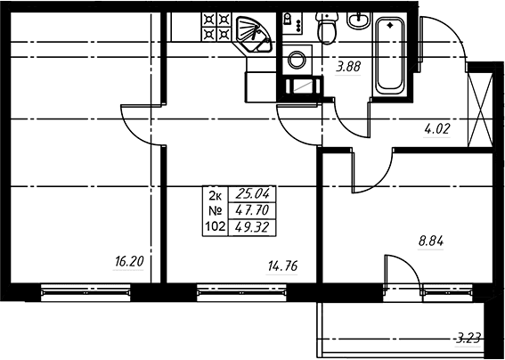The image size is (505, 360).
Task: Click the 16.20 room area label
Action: click(x=129, y=262)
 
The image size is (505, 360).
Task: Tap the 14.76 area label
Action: click(x=282, y=266)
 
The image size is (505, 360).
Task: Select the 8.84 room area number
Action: click(x=431, y=241)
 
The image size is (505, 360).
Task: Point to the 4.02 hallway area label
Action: click(x=436, y=129)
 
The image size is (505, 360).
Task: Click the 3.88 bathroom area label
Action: click(x=348, y=68)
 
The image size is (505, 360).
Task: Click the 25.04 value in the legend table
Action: click(x=252, y=194)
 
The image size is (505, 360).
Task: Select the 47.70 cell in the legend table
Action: click(x=252, y=211)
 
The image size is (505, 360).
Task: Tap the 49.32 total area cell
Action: click(x=252, y=228)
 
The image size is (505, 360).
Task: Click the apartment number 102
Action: click(x=216, y=227)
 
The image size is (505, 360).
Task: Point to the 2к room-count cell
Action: click(x=216, y=195)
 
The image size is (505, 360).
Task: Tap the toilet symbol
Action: click(x=327, y=28)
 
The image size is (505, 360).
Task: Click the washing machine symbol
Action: click(x=297, y=60)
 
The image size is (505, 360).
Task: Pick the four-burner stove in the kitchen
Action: click(x=216, y=27)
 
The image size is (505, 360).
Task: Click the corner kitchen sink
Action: click(x=254, y=35)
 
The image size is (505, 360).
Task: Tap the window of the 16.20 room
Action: click(x=86, y=292)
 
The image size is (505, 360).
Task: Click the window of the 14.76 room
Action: click(x=241, y=292)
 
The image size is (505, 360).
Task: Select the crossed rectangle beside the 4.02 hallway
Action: click(x=480, y=110)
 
